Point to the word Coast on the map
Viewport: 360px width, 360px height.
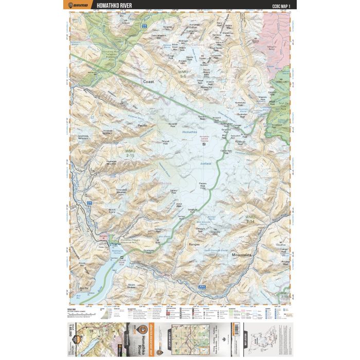149,82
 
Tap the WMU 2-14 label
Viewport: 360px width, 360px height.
250,218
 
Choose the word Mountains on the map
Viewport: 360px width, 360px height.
242,255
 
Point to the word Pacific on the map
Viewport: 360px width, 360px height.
142,125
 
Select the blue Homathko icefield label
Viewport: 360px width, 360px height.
190,133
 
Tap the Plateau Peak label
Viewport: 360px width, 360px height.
204,185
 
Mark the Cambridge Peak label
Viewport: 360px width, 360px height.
226,151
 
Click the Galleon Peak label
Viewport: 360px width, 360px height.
159,230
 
